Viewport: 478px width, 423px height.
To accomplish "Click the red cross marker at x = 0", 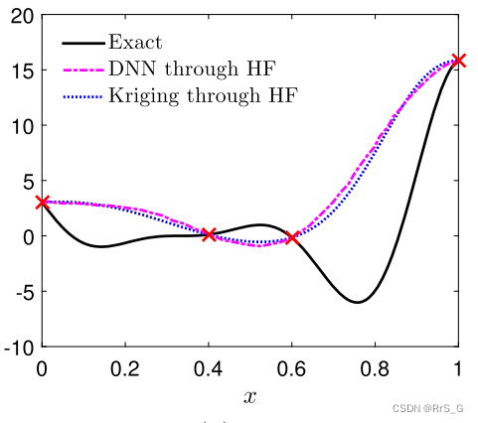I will click(42, 202).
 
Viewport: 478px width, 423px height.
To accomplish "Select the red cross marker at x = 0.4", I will click(209, 234).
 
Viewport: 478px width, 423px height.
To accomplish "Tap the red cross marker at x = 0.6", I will click(292, 238).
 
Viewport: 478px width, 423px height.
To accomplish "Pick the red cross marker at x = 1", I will click(458, 61).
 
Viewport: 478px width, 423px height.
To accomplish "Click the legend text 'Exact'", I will click(136, 43).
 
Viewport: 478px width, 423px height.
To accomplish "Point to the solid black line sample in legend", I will click(83, 44).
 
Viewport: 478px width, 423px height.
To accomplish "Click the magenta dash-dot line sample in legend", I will click(83, 70).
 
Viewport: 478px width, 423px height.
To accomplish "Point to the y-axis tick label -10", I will click(18, 347).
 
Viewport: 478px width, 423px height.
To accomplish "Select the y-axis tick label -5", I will click(22, 292).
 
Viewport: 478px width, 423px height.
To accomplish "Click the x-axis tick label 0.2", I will click(125, 368).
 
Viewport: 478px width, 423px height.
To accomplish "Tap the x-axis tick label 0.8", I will click(375, 368).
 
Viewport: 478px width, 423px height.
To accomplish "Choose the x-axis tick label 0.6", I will click(292, 368).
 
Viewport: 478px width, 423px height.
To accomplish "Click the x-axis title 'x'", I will click(249, 396).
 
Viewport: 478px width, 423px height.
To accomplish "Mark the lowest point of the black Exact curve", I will click(358, 302).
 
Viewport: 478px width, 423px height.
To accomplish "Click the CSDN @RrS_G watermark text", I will click(433, 407).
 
